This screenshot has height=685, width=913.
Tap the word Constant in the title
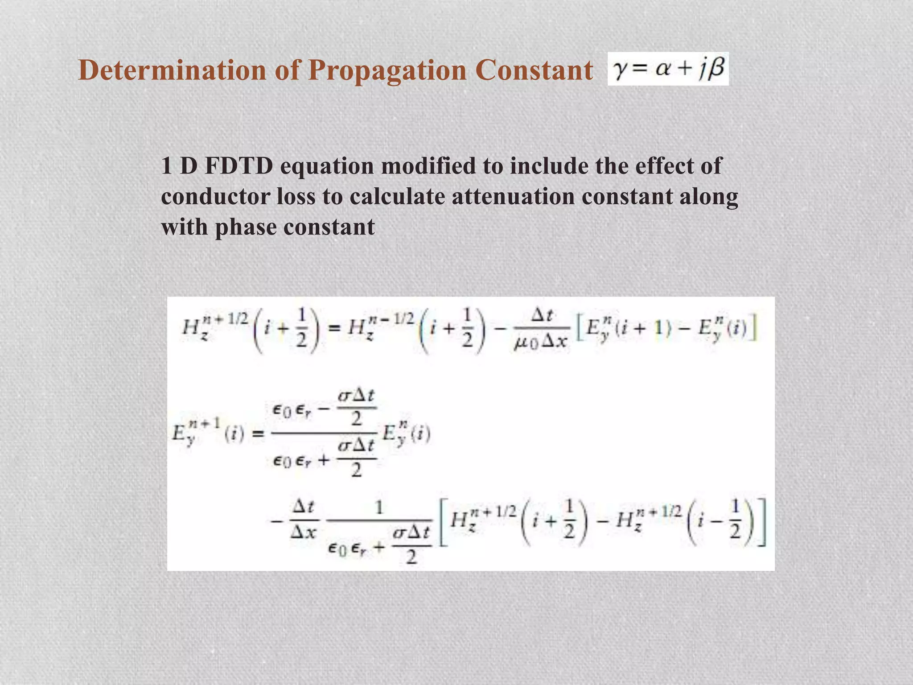click(534, 70)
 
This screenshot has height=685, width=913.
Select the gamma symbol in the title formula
click(620, 69)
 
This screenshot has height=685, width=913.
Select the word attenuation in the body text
click(513, 196)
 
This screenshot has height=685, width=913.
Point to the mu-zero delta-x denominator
click(540, 342)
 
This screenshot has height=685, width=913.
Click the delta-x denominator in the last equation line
click(304, 532)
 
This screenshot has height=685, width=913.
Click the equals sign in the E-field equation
click(259, 433)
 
